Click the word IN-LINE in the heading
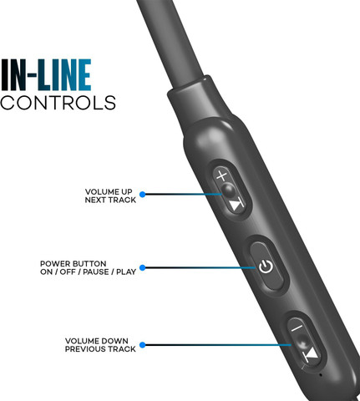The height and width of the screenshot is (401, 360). point(46,75)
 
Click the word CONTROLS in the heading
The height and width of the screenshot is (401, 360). point(58,103)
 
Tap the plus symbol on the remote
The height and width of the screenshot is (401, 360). point(222,175)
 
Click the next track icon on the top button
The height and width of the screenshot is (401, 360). point(237,206)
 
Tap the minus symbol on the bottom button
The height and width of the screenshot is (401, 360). point(297,327)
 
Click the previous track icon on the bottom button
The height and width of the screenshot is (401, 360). point(311,355)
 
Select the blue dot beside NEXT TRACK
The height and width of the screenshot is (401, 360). point(143,195)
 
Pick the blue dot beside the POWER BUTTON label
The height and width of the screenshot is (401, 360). point(143,267)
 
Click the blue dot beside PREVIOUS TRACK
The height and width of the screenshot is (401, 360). point(143,345)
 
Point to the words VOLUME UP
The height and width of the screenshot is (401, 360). point(109,192)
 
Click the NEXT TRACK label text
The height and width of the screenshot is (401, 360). point(110,200)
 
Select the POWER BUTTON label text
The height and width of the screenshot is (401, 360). point(74,264)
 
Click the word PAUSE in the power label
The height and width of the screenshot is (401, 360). point(96,272)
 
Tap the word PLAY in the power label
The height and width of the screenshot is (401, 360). point(126,272)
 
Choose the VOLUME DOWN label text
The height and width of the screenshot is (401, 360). point(97,341)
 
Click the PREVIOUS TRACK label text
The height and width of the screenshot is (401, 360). point(100,349)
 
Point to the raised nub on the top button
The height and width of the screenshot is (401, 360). point(229,190)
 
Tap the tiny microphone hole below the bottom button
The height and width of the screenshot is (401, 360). point(321,375)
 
